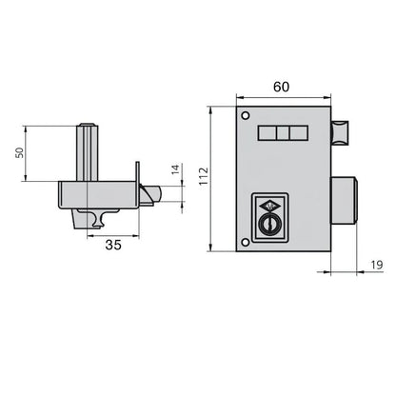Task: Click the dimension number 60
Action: (283, 87)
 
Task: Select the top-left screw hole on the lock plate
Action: (246, 116)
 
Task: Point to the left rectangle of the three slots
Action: (267, 135)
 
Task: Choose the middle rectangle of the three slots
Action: (282, 135)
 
